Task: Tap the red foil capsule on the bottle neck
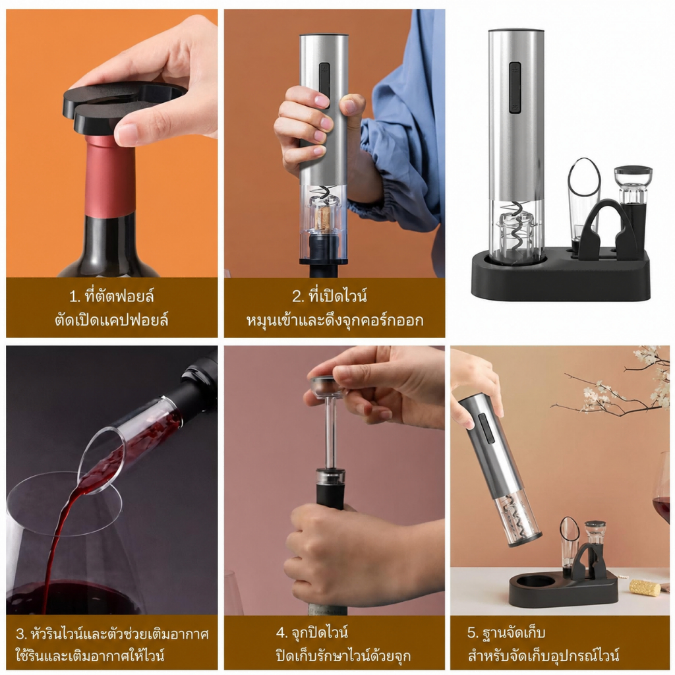[110, 177]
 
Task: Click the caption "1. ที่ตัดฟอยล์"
[111, 296]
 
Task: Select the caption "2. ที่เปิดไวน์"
[330, 296]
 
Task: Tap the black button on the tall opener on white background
[515, 88]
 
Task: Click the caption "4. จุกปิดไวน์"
[312, 633]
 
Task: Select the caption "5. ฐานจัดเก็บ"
[506, 633]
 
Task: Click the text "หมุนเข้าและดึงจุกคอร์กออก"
[334, 321]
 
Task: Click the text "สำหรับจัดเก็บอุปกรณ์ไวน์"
[543, 656]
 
